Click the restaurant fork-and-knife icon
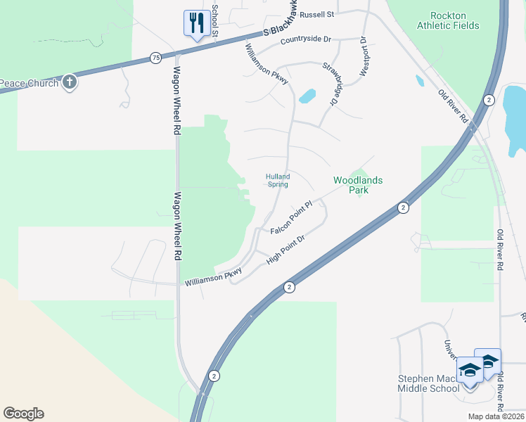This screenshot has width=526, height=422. pos(194,23)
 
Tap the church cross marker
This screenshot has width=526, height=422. pos(69,82)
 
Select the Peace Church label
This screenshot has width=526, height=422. pos(28,83)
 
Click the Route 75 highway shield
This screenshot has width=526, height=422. pos(155,58)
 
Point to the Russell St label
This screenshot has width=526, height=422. pos(317,14)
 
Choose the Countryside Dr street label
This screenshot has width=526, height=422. pos(305,41)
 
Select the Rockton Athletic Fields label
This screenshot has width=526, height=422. pos(448,20)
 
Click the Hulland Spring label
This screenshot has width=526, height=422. pos(278,180)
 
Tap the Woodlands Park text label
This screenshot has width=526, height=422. pos(358,185)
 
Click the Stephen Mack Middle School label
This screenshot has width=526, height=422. pos(428,383)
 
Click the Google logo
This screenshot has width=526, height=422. pos(23,414)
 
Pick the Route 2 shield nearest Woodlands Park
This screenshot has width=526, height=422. pos(402,207)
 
